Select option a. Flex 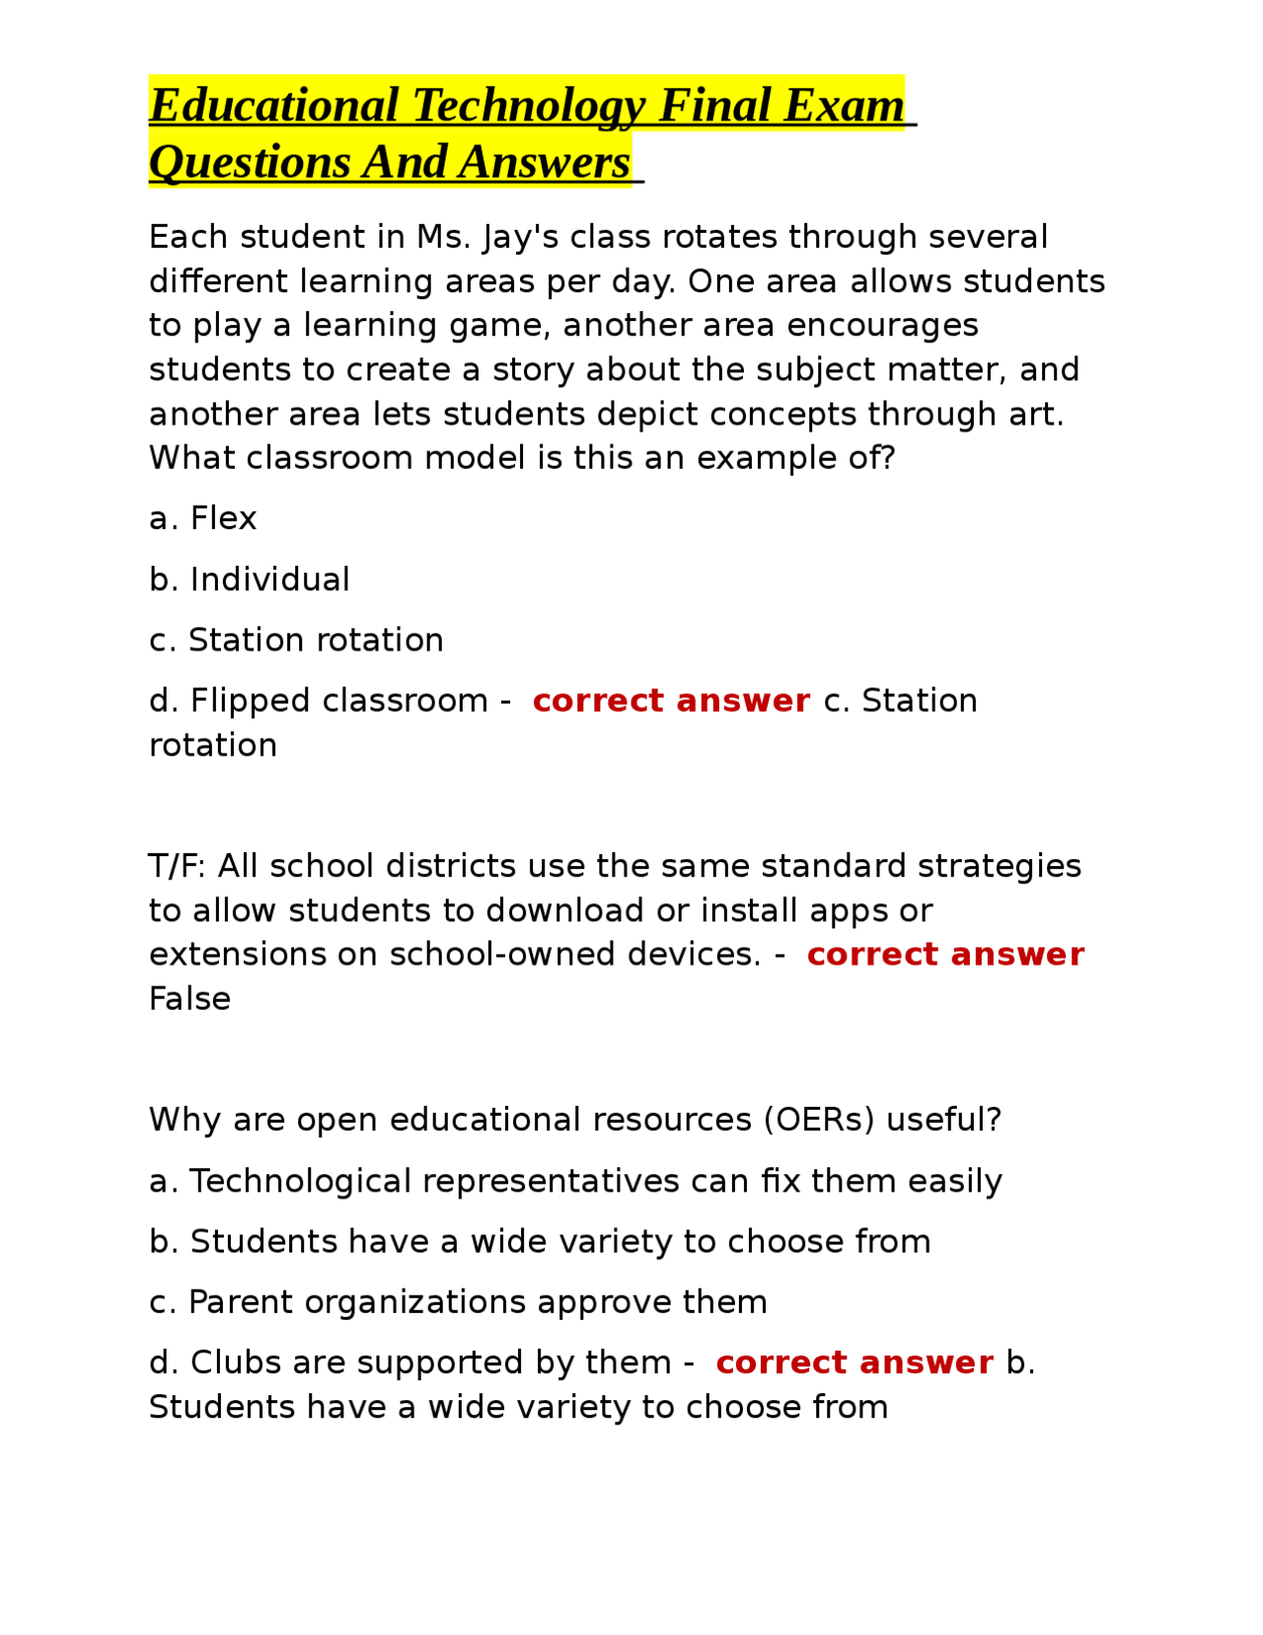coord(202,518)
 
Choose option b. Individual coord(250,580)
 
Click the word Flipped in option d coord(250,701)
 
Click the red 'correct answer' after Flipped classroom coord(671,701)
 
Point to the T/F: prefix coord(178,866)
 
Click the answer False coord(189,999)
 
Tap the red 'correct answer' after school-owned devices coord(945,955)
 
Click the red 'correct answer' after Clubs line coord(854,1362)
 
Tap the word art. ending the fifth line coord(1036,415)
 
